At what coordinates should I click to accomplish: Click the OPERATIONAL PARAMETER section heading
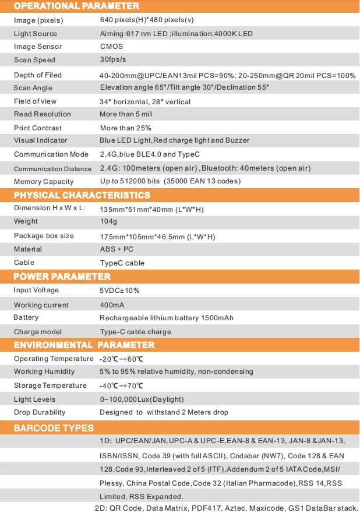(76, 6)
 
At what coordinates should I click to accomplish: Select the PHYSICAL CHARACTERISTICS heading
(82, 195)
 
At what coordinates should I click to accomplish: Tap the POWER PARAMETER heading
(62, 277)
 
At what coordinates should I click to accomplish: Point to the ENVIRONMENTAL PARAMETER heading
(84, 345)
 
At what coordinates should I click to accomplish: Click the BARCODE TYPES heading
(54, 428)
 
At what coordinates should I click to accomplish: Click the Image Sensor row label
(38, 47)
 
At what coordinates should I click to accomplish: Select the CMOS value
(111, 47)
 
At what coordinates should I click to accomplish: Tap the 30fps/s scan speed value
(114, 60)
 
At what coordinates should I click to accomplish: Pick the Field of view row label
(35, 101)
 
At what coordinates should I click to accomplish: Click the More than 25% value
(125, 128)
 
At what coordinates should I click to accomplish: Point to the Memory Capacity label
(44, 182)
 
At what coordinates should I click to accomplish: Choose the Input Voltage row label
(36, 290)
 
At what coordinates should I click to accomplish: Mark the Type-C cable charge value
(135, 332)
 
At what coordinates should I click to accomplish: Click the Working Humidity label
(44, 372)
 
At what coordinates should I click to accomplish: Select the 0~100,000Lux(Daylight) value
(142, 399)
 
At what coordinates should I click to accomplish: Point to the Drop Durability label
(40, 412)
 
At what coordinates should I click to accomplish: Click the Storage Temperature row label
(50, 385)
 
